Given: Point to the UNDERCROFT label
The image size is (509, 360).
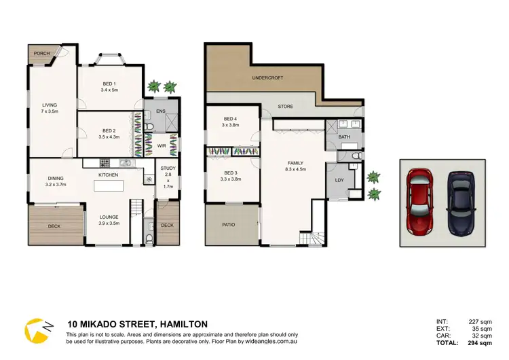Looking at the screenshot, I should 267,78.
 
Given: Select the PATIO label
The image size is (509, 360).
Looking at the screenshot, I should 229,224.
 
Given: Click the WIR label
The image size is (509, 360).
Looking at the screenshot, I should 162,145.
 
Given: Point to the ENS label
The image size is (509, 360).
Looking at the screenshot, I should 161,111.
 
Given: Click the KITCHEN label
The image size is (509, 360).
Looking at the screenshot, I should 108,175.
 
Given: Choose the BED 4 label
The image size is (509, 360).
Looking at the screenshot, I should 230,122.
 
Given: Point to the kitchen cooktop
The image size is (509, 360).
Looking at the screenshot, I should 105,162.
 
